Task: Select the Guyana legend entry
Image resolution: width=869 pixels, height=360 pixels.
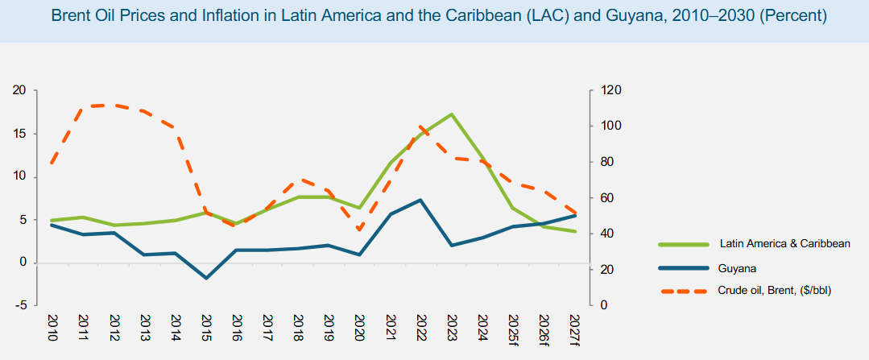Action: pos(737,267)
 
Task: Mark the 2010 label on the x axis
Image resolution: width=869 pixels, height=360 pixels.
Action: pos(52,329)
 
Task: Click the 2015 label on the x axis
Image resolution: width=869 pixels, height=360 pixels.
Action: pos(206,329)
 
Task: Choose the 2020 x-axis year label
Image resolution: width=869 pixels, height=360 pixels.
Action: pos(359,329)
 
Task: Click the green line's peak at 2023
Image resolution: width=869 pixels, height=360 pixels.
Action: pos(451,114)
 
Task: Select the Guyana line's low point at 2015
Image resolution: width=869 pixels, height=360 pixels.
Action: pos(206,279)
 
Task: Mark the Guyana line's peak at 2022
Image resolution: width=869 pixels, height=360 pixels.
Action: pos(420,200)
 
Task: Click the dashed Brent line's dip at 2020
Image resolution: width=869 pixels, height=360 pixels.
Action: pos(359,230)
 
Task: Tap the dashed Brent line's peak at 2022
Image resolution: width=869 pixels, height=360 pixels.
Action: pos(420,126)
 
